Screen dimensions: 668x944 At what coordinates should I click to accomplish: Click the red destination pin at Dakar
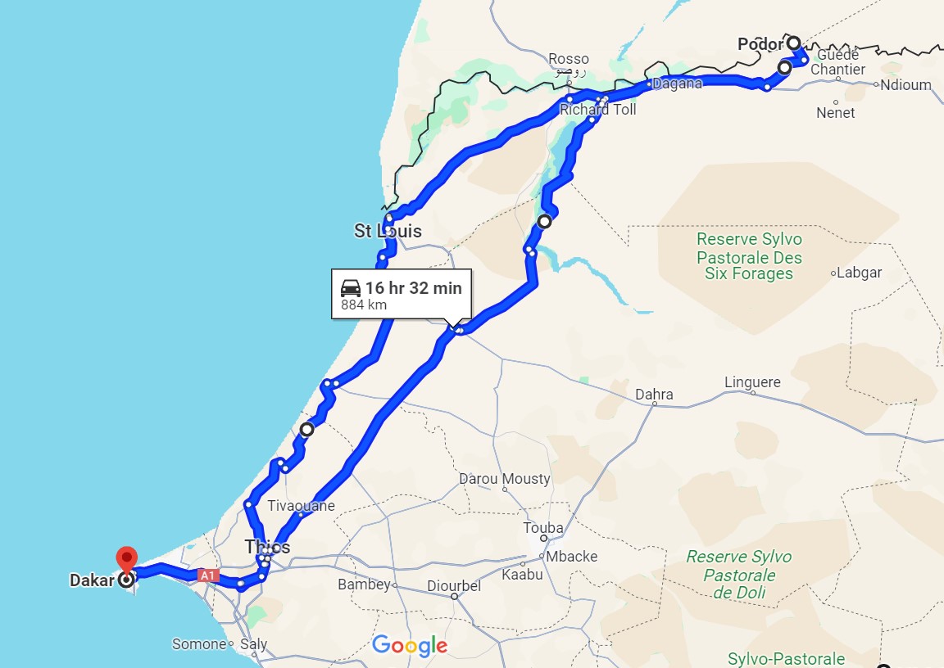point(126,560)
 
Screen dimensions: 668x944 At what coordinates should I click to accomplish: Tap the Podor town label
point(760,44)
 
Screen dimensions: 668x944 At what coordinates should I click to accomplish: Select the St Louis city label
point(388,232)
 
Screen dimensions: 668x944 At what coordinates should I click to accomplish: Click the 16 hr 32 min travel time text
point(413,288)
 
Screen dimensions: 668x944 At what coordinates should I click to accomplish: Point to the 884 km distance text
point(364,305)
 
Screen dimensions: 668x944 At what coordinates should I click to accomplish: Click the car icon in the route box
point(350,288)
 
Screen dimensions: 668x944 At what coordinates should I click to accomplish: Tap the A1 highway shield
point(208,575)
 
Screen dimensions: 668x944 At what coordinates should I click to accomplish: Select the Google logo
point(410,646)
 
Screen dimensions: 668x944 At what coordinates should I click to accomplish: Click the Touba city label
point(543,528)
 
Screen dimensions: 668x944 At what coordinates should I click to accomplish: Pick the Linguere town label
point(752,382)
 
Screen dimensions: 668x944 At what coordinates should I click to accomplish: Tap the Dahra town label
point(654,395)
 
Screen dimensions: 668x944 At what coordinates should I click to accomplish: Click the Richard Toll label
point(597,109)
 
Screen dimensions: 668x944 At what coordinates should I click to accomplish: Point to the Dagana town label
point(677,83)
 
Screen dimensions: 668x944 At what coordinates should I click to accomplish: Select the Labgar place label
point(860,273)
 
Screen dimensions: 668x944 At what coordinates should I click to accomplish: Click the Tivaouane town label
point(301,506)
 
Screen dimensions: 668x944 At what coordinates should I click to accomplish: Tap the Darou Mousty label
point(505,479)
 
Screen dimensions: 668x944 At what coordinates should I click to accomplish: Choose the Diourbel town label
point(455,586)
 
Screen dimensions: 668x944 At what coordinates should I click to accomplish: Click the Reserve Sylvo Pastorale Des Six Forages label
point(749,257)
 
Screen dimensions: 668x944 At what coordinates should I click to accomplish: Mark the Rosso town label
point(569,59)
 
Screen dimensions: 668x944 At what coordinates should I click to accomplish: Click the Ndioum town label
point(906,84)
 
